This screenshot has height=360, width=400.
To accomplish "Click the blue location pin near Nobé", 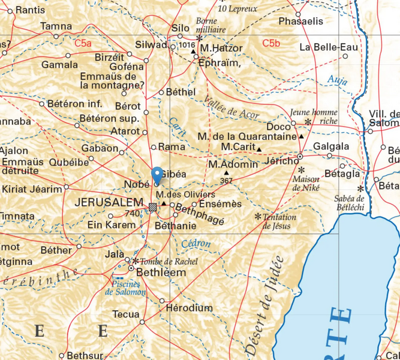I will pos(157,175).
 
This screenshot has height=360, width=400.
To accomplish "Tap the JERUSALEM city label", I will pos(109,203).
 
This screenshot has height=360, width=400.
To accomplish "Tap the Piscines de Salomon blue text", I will pos(125,287).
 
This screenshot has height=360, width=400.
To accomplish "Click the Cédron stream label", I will pos(196,244).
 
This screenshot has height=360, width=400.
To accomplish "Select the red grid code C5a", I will pos(83,43).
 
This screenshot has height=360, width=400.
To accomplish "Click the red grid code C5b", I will pos(271,43).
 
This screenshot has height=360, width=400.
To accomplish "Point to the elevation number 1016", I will pos(187,45).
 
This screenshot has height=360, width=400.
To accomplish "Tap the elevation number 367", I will pos(226,181).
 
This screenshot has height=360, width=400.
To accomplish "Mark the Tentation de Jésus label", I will pos(276,221).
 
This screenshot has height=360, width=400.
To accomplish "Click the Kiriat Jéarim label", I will pos(31,189).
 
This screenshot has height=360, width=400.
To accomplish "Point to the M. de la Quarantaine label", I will pos(247,136).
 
